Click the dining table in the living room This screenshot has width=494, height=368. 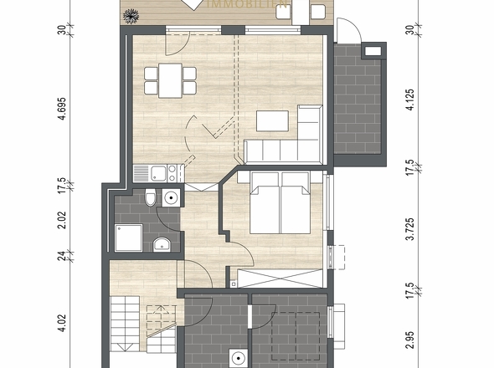170,79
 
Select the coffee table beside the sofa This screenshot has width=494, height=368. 271,121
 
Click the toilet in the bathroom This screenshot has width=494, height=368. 149,198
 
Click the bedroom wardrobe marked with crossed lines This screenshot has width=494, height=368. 279,279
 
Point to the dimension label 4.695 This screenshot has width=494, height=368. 61,110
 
